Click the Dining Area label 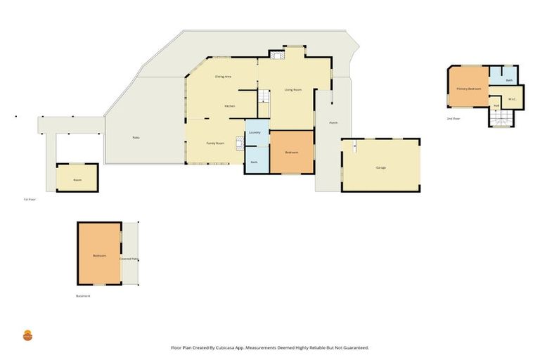tap(224, 76)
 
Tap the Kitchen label tap(229, 106)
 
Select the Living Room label tap(292, 90)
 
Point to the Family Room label tap(215, 143)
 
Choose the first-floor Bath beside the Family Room tap(254, 162)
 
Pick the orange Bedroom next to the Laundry tap(291, 153)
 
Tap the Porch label tap(333, 123)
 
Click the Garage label tap(380, 167)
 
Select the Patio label tap(136, 137)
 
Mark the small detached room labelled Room tap(77, 180)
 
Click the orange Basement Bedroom tap(99, 255)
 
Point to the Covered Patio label tap(129, 259)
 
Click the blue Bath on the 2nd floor tap(509, 80)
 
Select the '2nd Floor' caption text tap(454, 119)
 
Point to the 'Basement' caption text tap(83, 296)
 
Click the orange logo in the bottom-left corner tap(28, 335)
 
